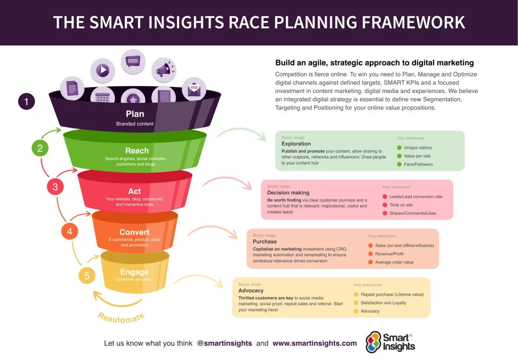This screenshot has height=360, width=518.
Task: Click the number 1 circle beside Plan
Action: point(26,102)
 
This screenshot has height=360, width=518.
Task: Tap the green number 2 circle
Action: point(40,148)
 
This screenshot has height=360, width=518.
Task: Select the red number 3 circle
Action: point(55,187)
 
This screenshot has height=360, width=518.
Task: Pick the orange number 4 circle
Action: point(70,231)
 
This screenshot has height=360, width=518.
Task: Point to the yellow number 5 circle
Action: point(87,276)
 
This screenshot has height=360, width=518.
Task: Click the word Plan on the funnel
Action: point(135,114)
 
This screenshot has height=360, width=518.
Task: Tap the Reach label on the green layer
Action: point(137,150)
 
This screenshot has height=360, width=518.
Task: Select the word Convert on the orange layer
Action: point(134,232)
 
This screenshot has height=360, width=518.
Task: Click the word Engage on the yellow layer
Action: point(134,272)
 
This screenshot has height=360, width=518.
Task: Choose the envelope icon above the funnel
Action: point(194,90)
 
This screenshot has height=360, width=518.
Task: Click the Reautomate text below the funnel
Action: point(121,317)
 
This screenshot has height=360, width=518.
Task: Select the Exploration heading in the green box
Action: point(296,144)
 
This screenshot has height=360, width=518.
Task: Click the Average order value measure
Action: point(394,262)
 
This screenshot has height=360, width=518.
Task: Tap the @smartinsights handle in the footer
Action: point(224,343)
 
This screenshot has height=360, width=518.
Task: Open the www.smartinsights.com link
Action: point(314,343)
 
